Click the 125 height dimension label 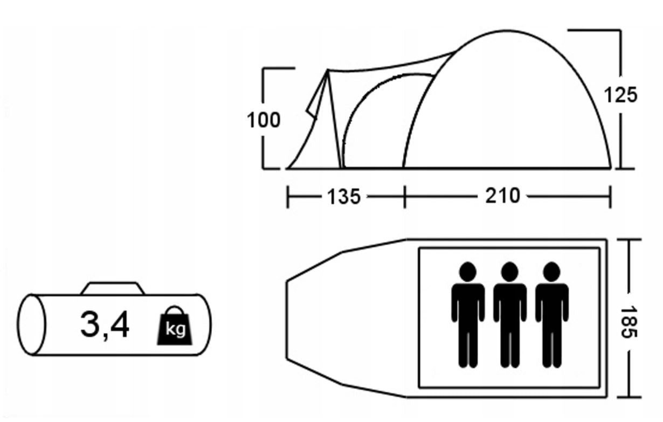(620, 95)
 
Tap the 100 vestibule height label (264, 120)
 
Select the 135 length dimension (344, 197)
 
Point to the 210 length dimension (502, 196)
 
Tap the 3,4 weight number (105, 325)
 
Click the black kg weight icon (175, 326)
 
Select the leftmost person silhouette (468, 315)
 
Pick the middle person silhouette (510, 315)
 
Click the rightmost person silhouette (552, 315)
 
